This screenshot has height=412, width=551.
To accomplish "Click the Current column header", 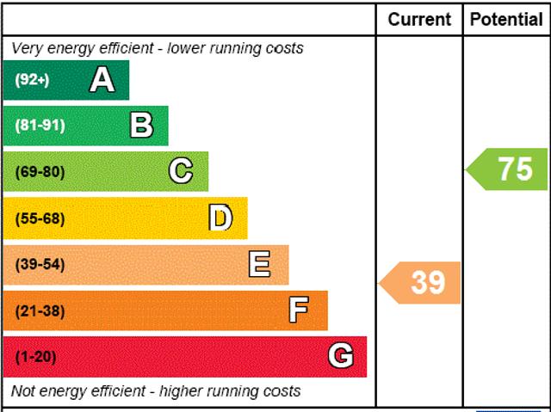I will pos(419,19).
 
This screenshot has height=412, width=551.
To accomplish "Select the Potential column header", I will pos(506,19).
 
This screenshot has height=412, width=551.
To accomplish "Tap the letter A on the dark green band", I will pos(102,80).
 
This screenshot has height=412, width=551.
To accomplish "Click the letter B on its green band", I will pos(141,126).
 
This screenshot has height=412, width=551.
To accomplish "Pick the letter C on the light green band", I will pos(181,171).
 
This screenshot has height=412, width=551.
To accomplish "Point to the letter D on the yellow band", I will pos(220,218).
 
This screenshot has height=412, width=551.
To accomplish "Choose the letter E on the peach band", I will pos(259,264).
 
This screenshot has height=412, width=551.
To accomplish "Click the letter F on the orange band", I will pos(299,311).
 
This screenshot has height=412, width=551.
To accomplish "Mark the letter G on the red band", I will pos(341,356).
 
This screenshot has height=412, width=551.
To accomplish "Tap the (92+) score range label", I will pos(32,80).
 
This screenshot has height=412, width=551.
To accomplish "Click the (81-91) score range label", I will pos(40,126).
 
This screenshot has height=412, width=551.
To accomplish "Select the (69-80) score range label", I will pos(40,171).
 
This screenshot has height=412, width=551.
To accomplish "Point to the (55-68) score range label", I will pos(40,218).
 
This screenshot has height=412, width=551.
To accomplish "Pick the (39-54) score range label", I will pos(40,264).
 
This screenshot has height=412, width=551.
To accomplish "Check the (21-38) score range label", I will pos(40,311).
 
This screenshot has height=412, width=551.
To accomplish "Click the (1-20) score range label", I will pos(35,356).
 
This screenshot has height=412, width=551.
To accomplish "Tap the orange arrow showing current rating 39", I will pos(422,282).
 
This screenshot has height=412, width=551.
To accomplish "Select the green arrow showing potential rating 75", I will pos(508,169).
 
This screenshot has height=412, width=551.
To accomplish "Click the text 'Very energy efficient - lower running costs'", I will pos(157,48).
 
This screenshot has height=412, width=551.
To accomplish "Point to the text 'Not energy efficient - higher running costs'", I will pos(156,391).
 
